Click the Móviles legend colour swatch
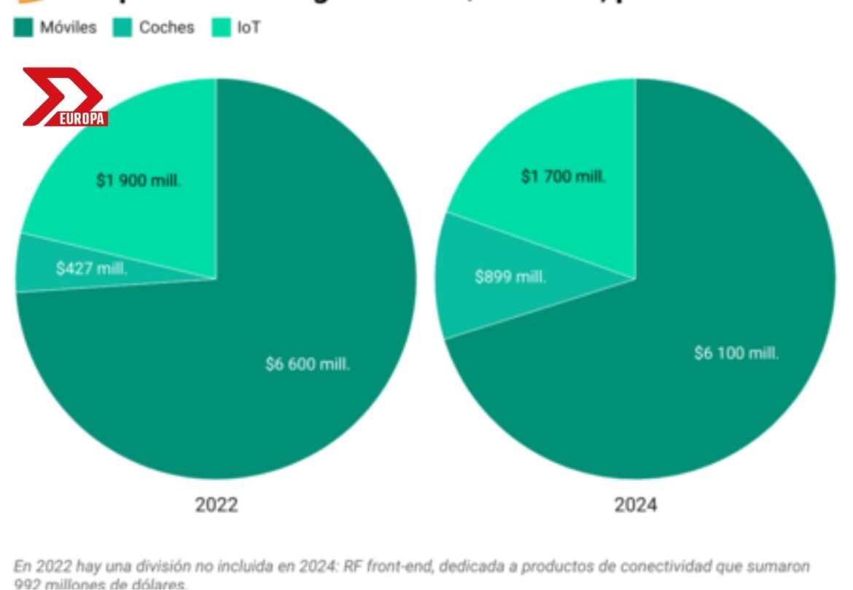click(23, 28)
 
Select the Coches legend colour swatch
click(122, 28)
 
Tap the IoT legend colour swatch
click(221, 28)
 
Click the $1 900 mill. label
click(139, 181)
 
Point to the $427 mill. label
click(91, 268)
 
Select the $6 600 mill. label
click(308, 364)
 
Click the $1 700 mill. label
click(563, 176)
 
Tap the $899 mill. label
click(510, 277)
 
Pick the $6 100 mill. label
click(736, 353)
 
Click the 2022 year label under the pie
click(216, 505)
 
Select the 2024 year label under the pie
click(635, 505)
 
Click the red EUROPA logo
click(64, 97)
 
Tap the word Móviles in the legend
click(68, 28)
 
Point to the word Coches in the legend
click(167, 28)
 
